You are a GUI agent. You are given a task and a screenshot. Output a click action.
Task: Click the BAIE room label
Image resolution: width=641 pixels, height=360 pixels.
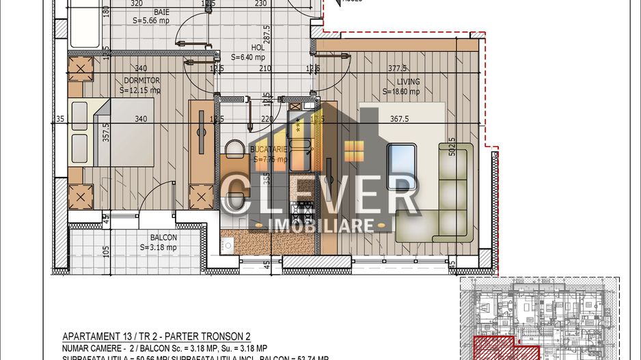(162, 12)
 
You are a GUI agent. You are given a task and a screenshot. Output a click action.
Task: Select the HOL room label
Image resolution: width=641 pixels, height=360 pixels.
(258, 48)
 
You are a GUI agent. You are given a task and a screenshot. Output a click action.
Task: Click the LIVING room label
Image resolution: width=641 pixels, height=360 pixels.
(409, 82)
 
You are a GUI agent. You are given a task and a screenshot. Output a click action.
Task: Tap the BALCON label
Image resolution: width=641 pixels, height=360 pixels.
(164, 238)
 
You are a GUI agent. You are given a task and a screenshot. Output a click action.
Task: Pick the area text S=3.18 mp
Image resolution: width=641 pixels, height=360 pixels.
(159, 247)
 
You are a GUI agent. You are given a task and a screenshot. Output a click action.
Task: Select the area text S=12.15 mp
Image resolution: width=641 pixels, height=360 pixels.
(139, 89)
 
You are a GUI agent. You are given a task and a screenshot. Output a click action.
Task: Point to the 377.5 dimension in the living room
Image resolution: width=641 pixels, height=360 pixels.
(398, 68)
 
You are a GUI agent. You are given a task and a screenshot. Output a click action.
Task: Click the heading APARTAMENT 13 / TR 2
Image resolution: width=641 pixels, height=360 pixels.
(156, 337)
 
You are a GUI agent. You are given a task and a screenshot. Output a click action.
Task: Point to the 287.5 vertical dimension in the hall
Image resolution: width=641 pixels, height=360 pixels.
(268, 33)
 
